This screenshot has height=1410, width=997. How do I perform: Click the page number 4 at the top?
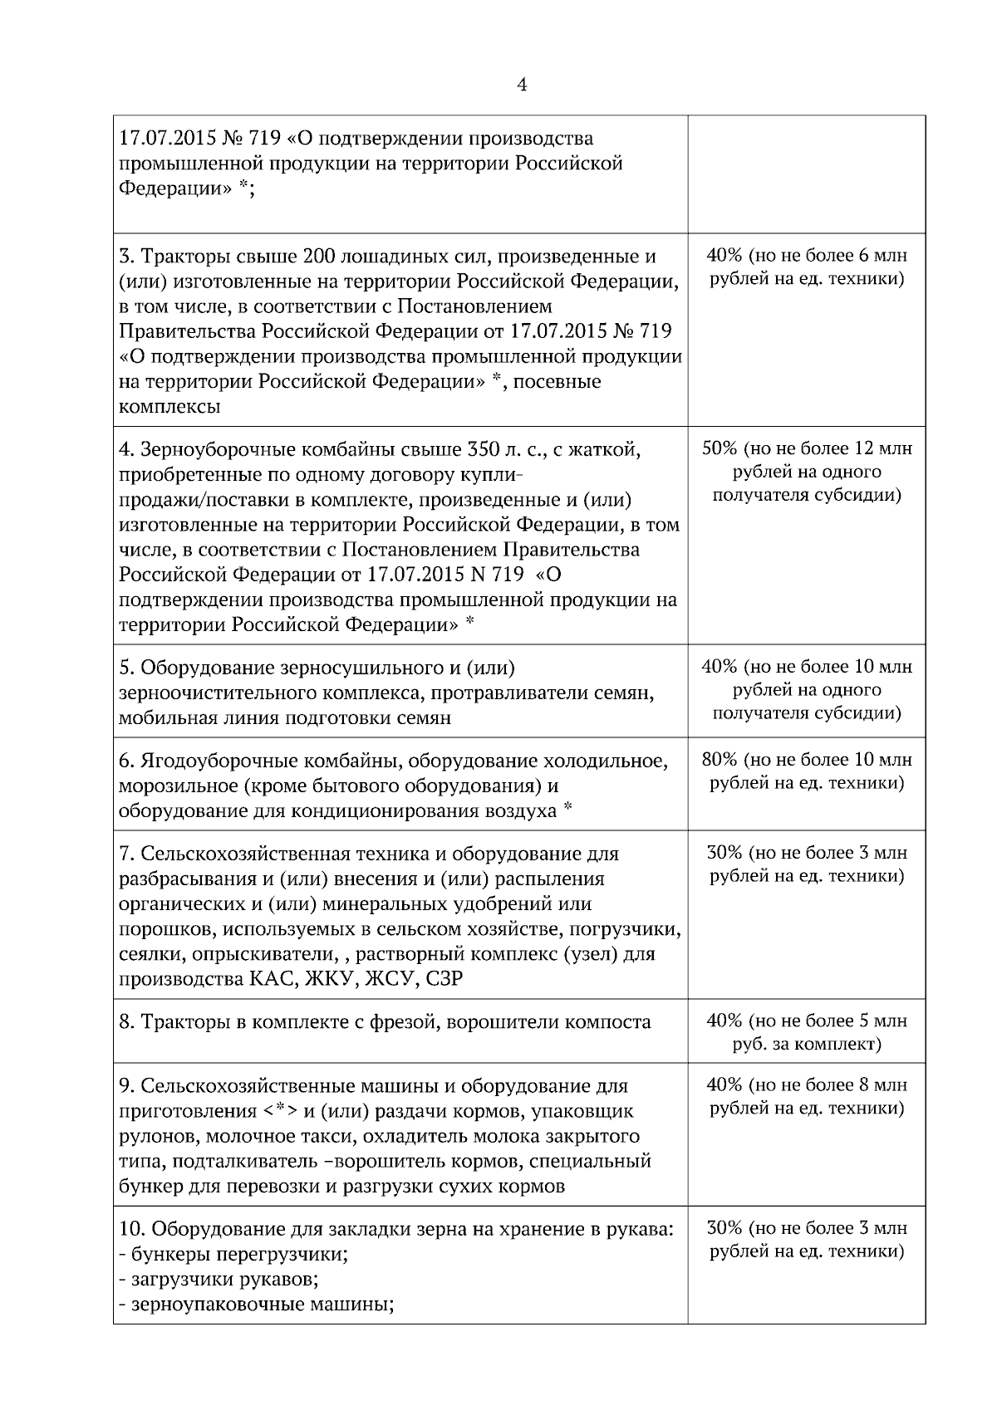pyautogui.click(x=522, y=85)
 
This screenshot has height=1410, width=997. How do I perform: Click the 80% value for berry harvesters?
pyautogui.click(x=723, y=760)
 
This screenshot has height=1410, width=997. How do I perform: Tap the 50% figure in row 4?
pyautogui.click(x=720, y=449)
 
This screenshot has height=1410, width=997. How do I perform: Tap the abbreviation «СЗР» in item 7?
pyautogui.click(x=444, y=979)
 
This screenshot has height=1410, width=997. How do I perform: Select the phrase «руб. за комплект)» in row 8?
pyautogui.click(x=807, y=1044)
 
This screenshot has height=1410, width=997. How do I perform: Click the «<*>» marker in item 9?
pyautogui.click(x=280, y=1111)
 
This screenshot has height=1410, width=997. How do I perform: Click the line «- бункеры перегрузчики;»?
pyautogui.click(x=233, y=1254)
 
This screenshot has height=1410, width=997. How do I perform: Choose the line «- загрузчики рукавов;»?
pyautogui.click(x=220, y=1279)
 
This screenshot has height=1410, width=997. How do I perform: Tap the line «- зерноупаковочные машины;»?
pyautogui.click(x=257, y=1304)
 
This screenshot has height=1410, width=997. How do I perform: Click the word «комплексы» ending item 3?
pyautogui.click(x=170, y=407)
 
